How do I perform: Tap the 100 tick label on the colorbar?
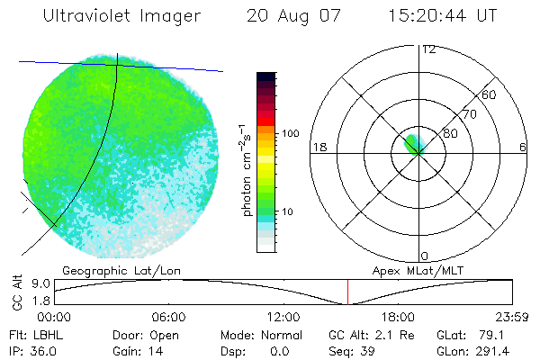point(290,133)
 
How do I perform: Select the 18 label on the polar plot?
point(319,147)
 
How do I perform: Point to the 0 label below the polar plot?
point(425,256)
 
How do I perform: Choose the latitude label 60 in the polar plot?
point(490,94)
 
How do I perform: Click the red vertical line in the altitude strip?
point(348,292)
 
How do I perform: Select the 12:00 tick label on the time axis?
point(283,317)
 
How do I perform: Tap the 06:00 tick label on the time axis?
point(169,317)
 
